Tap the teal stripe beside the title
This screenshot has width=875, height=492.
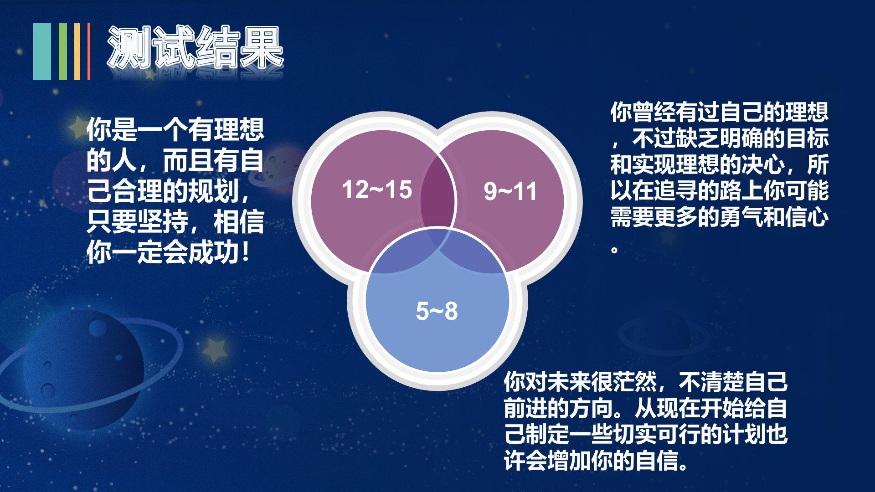42,51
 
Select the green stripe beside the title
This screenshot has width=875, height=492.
63,51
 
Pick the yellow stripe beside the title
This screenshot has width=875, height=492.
77,51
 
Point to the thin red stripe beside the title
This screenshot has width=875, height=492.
89,51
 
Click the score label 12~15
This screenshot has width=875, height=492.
377,190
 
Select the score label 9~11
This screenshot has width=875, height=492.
510,191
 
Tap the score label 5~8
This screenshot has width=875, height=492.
437,311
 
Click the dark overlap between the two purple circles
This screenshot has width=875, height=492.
437,191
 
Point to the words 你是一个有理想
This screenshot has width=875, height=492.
175,129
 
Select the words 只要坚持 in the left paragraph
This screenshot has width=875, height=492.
137,221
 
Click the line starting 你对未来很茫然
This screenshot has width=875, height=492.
645,382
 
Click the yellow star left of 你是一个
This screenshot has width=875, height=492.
77,128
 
